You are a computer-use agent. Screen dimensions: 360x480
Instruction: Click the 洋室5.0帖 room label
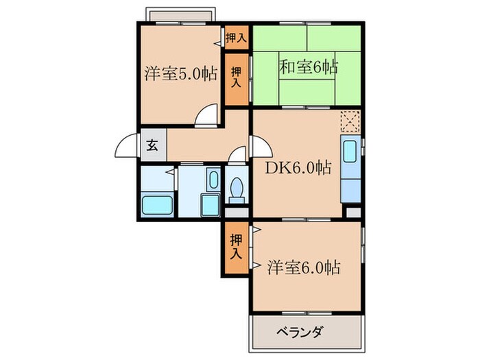(x=181, y=74)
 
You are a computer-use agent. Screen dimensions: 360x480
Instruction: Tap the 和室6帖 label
(x=308, y=67)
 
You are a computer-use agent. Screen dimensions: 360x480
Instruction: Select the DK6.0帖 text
(x=300, y=167)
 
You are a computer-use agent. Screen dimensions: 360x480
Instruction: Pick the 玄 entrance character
(x=152, y=145)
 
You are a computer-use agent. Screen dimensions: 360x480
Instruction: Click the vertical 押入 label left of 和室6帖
(x=237, y=77)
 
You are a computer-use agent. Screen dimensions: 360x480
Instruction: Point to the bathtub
(x=157, y=204)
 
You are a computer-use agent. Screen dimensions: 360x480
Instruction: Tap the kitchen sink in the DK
(x=350, y=151)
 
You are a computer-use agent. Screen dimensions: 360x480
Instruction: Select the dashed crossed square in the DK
(x=350, y=122)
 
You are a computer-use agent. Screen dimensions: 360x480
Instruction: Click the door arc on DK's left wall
(x=261, y=145)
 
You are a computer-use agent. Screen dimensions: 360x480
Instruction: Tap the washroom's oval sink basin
(x=212, y=181)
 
